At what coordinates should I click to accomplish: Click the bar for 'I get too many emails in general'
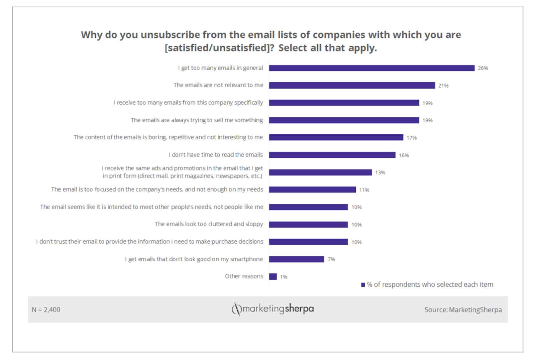click(x=371, y=68)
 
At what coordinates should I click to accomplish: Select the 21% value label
click(x=443, y=86)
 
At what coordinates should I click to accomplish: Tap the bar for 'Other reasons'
click(x=273, y=276)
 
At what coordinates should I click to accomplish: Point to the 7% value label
click(x=331, y=259)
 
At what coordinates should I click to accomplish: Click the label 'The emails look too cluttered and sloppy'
click(x=209, y=224)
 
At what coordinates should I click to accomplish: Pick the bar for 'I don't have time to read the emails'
click(x=332, y=155)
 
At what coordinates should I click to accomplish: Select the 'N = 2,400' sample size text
click(x=46, y=310)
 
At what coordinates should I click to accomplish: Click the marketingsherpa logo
click(x=273, y=309)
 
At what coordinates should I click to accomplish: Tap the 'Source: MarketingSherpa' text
click(x=463, y=310)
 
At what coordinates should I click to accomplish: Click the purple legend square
click(x=363, y=285)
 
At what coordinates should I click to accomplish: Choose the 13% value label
click(x=380, y=172)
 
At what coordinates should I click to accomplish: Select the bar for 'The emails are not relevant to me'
click(x=352, y=86)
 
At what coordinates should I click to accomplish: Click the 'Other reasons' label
click(x=244, y=276)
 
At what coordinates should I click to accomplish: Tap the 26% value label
click(x=483, y=68)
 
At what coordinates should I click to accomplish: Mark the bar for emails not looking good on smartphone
click(x=296, y=259)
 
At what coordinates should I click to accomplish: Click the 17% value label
click(x=411, y=138)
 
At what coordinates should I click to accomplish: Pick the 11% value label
click(x=364, y=190)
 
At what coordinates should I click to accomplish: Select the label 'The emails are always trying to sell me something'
click(x=197, y=120)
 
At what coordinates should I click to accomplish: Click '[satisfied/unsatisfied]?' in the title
click(x=220, y=48)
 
